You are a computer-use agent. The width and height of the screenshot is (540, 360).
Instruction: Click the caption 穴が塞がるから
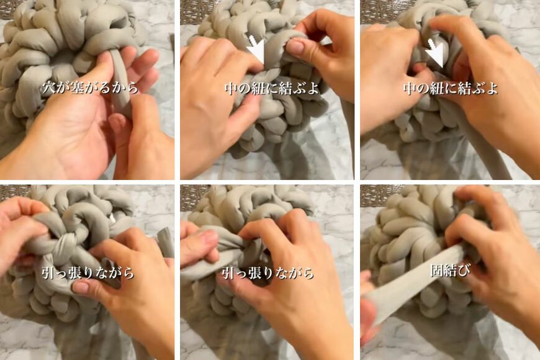tap(91, 88)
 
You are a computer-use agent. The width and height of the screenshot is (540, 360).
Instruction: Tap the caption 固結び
tap(449, 271)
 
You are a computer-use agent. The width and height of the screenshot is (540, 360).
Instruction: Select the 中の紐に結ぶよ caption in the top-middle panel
tap(271, 88)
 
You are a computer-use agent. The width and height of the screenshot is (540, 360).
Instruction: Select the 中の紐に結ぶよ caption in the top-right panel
tap(450, 88)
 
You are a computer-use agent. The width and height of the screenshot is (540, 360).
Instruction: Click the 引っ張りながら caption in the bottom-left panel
tap(88, 272)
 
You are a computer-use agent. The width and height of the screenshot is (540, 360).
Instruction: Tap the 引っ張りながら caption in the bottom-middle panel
tap(268, 272)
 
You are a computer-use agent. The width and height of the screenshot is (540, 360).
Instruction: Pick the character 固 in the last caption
tap(436, 271)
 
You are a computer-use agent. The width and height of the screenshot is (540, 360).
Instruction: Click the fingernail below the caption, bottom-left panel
tap(81, 287)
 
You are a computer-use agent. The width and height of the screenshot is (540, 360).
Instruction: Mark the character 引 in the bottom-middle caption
tap(228, 272)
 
